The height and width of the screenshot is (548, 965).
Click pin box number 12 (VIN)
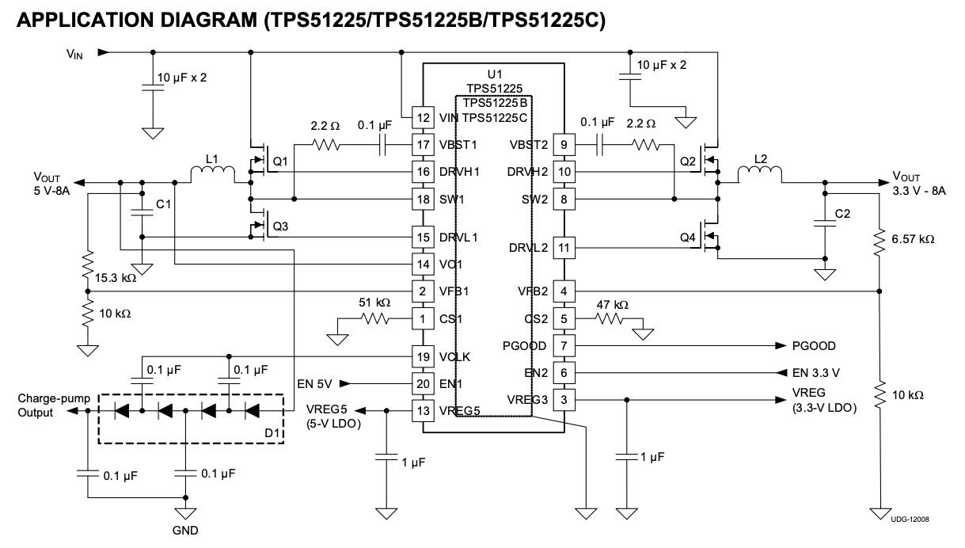tap(423, 118)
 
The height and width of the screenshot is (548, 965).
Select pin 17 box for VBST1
tap(423, 145)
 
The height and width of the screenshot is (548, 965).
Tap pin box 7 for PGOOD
tap(564, 345)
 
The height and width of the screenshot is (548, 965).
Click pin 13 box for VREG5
tap(423, 410)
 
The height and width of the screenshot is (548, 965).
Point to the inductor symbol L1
tap(213, 173)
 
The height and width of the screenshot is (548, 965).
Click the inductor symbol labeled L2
tap(759, 173)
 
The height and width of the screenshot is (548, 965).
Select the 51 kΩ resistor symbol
tap(374, 319)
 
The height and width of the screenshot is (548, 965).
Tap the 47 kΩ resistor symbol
tap(609, 319)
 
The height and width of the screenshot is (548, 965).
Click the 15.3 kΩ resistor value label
tap(116, 278)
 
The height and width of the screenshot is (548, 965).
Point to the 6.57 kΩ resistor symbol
tap(880, 242)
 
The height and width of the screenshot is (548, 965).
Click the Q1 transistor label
tap(280, 162)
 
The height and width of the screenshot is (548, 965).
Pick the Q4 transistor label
tap(688, 238)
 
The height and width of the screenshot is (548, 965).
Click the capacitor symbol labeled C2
tap(825, 223)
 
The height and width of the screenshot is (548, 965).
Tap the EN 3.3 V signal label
tap(816, 373)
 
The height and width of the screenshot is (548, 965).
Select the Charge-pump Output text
tap(54, 405)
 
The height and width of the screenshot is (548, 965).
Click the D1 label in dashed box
tap(272, 433)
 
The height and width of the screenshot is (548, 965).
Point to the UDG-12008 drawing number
tap(910, 519)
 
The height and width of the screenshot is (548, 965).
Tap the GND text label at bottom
tap(185, 531)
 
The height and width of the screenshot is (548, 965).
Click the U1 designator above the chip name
tap(495, 74)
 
